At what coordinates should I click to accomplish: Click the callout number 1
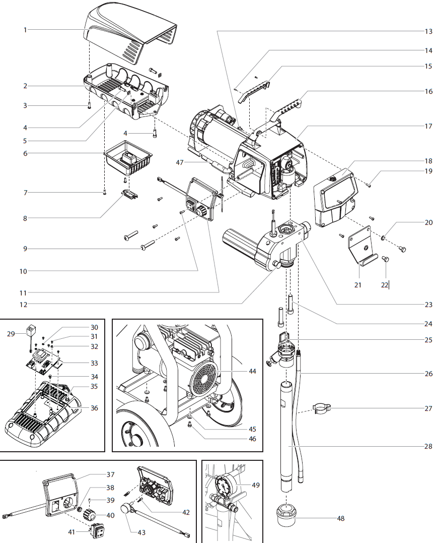click(x=25, y=30)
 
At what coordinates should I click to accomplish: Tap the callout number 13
click(x=428, y=31)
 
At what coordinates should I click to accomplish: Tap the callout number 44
click(x=252, y=371)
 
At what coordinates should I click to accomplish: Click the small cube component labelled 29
click(x=31, y=329)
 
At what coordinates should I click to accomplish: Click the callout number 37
click(x=110, y=474)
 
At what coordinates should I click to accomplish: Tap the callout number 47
click(x=180, y=163)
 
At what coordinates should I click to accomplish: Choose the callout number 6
click(x=25, y=153)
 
